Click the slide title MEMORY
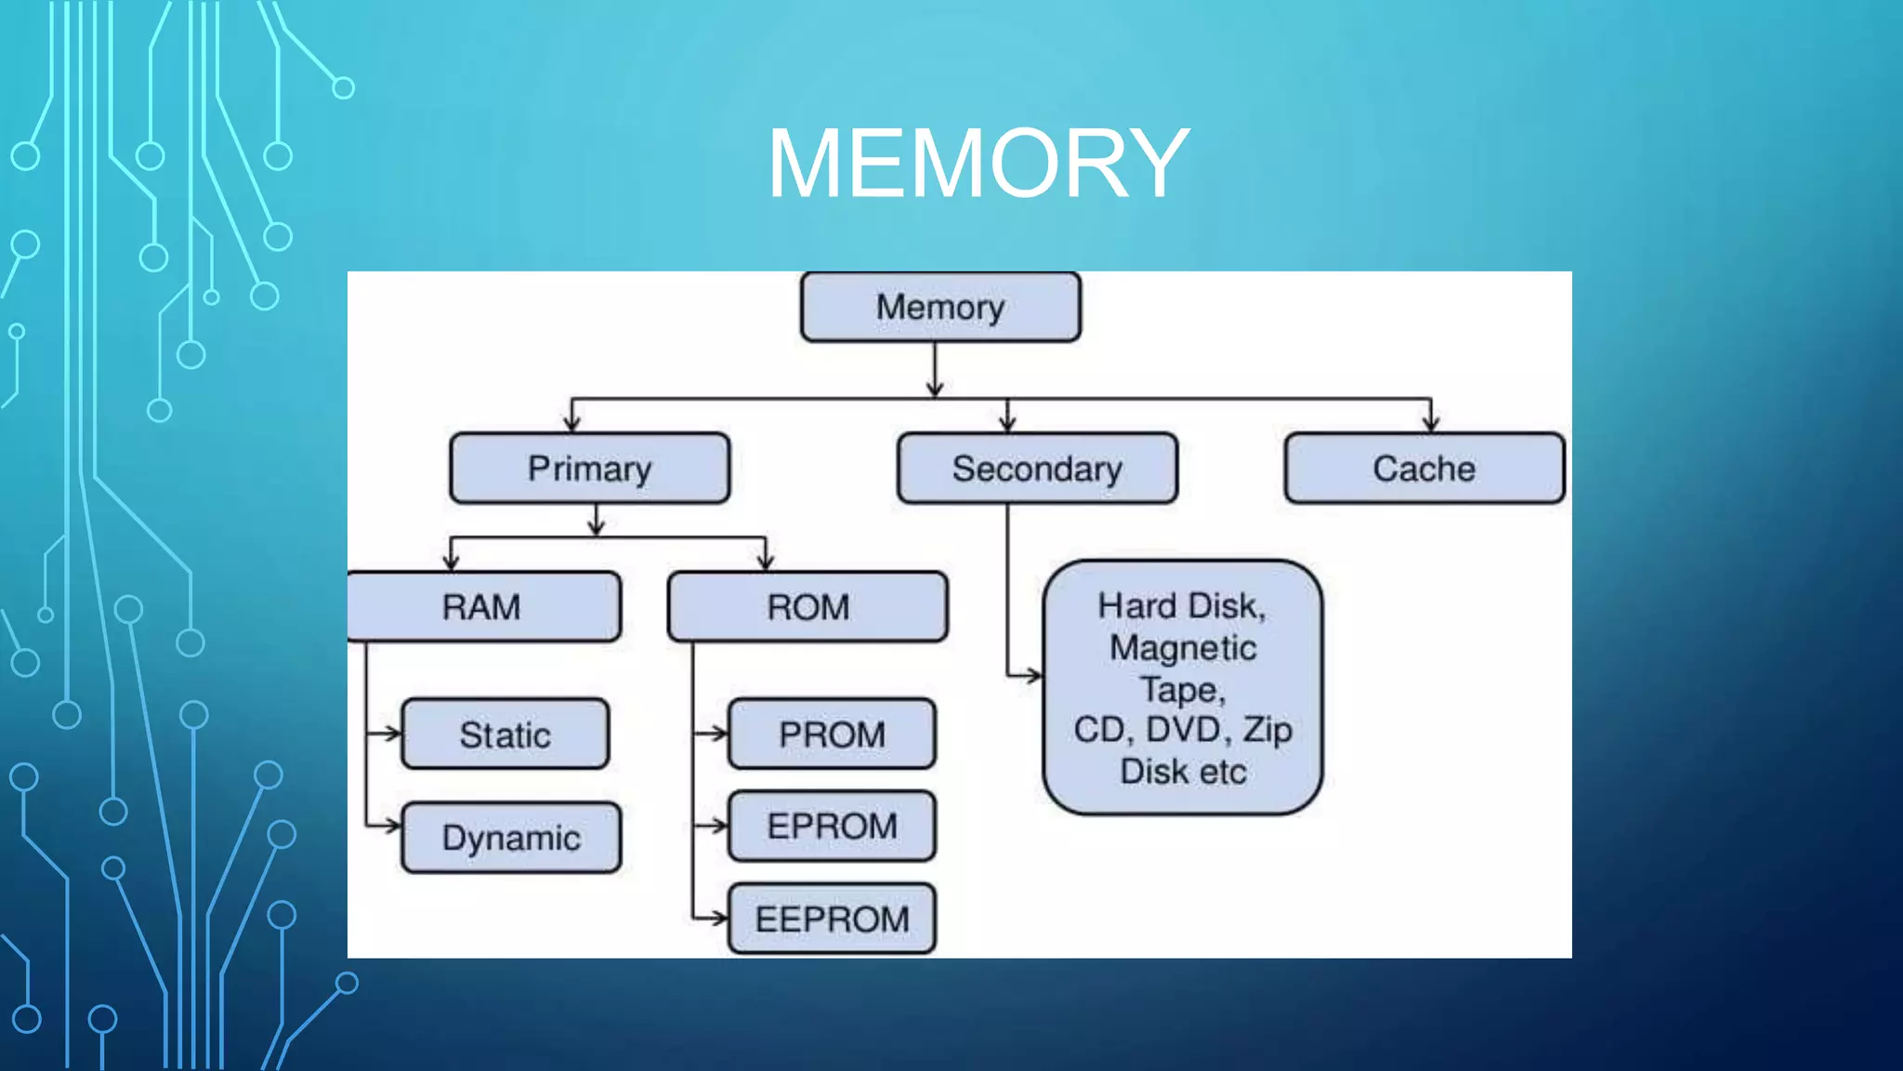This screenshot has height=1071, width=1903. tap(978, 164)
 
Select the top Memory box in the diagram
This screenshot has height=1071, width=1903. tap(940, 307)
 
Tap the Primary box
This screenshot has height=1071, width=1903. tap(589, 469)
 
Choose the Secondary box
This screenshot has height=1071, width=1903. tap(1037, 469)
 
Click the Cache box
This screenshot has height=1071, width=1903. tap(1424, 469)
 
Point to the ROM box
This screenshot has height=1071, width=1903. tap(807, 607)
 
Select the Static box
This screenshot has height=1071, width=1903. tap(505, 734)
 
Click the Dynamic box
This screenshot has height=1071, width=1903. tap(511, 838)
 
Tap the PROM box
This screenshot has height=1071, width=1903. tap(832, 734)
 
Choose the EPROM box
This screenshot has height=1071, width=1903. tap(832, 826)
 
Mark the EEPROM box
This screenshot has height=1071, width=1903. tap(832, 919)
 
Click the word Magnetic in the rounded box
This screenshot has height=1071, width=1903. tap(1183, 648)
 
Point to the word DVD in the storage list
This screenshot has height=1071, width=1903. tap(1182, 730)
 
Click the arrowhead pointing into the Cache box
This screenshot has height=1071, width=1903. tap(1431, 423)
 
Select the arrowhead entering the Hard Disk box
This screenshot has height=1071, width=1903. tap(1033, 676)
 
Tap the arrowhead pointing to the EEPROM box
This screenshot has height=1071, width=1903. tap(718, 919)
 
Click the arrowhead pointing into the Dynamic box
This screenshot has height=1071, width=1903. tap(393, 825)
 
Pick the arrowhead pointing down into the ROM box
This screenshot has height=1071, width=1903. tap(766, 562)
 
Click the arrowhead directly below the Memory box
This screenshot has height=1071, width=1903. tap(936, 388)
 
